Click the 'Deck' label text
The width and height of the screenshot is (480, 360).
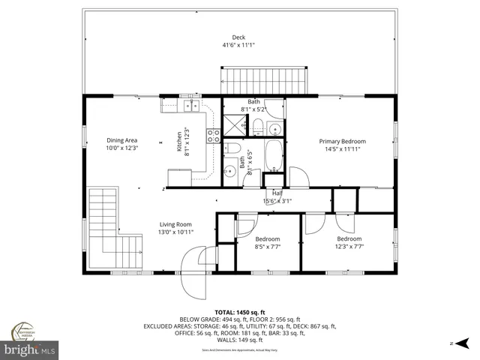[x=238, y=37]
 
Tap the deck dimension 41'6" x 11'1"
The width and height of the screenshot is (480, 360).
[x=238, y=45]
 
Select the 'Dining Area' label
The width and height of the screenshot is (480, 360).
[x=121, y=139]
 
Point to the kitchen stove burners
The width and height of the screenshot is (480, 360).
[x=213, y=136]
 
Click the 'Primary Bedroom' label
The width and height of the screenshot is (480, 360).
[x=342, y=141]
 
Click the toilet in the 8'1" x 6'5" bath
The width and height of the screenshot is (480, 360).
[x=234, y=148]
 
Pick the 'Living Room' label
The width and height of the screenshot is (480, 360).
[x=175, y=223]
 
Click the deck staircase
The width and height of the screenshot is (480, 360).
[x=265, y=79]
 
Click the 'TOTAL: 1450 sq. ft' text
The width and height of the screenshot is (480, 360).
[x=238, y=311]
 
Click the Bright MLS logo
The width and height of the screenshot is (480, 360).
[x=30, y=349]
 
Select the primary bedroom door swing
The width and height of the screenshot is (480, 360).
[x=298, y=177]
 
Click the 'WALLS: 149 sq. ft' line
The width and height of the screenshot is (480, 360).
[x=238, y=340]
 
